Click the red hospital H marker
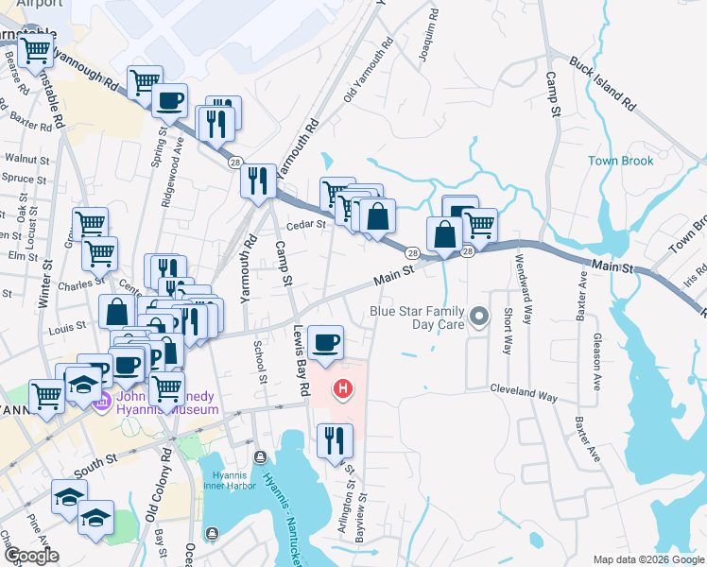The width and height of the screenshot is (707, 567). tap(344, 387)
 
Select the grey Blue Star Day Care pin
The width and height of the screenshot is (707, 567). tap(480, 318)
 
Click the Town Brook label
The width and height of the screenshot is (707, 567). tap(621, 161)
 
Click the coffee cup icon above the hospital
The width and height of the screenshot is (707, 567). tap(325, 342)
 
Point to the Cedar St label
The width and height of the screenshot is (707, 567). tap(306, 225)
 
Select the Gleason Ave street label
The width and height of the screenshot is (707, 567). tap(595, 353)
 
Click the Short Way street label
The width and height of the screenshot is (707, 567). tap(508, 330)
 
